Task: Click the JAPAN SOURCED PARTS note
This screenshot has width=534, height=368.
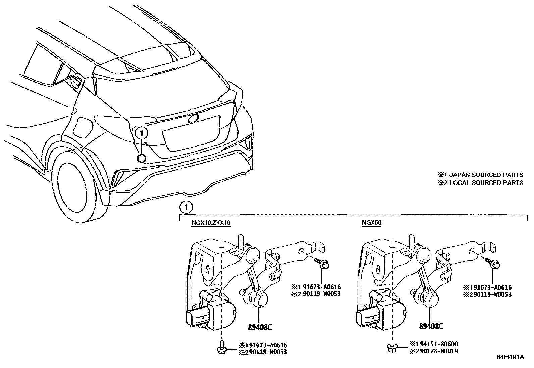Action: point(480,175)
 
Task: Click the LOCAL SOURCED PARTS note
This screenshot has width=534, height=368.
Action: point(480,183)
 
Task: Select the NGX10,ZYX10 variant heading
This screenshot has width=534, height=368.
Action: point(211,223)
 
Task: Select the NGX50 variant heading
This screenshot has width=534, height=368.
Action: point(371,223)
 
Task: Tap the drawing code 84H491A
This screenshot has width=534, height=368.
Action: point(510,357)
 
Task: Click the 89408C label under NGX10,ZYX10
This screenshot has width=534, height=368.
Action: point(260,327)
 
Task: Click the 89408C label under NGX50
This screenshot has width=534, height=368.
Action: point(431,327)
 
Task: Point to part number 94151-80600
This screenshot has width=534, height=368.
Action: point(437,344)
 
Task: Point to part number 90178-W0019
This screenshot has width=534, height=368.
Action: point(437,351)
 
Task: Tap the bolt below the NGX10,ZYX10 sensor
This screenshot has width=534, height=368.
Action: point(221,348)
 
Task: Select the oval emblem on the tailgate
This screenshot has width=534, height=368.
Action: point(194,118)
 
